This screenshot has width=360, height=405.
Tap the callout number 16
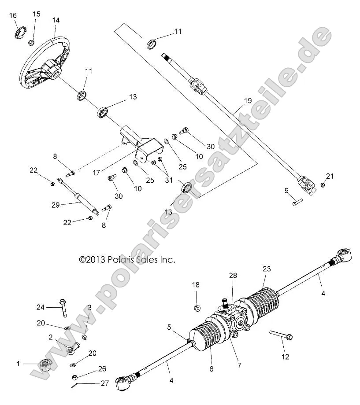point(13,15)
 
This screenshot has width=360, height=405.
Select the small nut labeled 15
point(32,43)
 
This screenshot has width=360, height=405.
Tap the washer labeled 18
point(197,307)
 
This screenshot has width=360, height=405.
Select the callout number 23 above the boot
point(267,269)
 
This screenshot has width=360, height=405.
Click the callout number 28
point(233,275)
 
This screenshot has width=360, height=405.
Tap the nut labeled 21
point(322,185)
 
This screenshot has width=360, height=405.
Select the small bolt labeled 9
point(297,202)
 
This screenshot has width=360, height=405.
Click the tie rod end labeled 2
point(71,349)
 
